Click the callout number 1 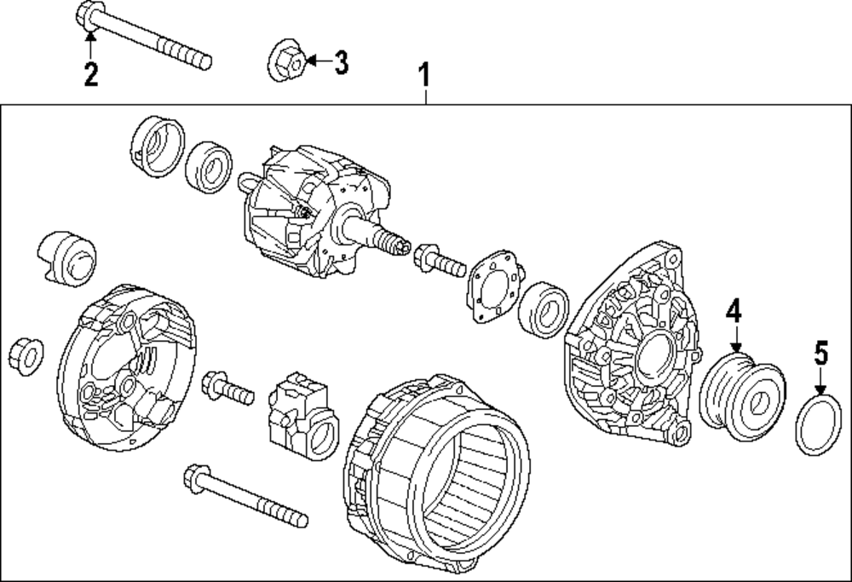click(x=423, y=76)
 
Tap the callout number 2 click(x=90, y=74)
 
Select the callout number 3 click(x=340, y=62)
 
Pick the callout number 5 click(x=820, y=352)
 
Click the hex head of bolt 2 click(x=90, y=14)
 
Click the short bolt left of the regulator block click(x=227, y=389)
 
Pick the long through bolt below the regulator click(x=243, y=494)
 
